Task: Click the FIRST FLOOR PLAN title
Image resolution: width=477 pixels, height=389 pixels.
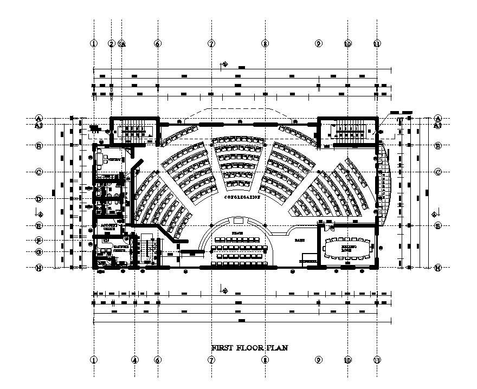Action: click(x=249, y=348)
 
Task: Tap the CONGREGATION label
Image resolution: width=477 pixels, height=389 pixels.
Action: click(x=242, y=198)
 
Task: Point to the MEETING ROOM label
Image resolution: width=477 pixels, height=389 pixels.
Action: click(x=347, y=249)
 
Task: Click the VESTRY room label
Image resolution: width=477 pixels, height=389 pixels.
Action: click(x=114, y=160)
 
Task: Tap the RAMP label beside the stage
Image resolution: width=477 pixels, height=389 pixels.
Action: click(x=299, y=239)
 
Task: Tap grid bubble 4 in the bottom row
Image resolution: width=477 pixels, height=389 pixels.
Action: click(x=135, y=360)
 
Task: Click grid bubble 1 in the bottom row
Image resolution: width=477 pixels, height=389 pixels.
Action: click(x=94, y=360)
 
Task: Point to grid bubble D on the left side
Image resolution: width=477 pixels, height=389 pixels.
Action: click(x=39, y=199)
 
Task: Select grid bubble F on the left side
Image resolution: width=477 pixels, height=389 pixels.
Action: click(x=39, y=240)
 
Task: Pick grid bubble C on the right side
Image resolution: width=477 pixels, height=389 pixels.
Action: click(x=438, y=172)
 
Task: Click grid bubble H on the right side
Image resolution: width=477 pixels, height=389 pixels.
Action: click(x=438, y=268)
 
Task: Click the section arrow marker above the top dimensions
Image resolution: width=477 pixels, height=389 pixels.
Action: click(x=223, y=64)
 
